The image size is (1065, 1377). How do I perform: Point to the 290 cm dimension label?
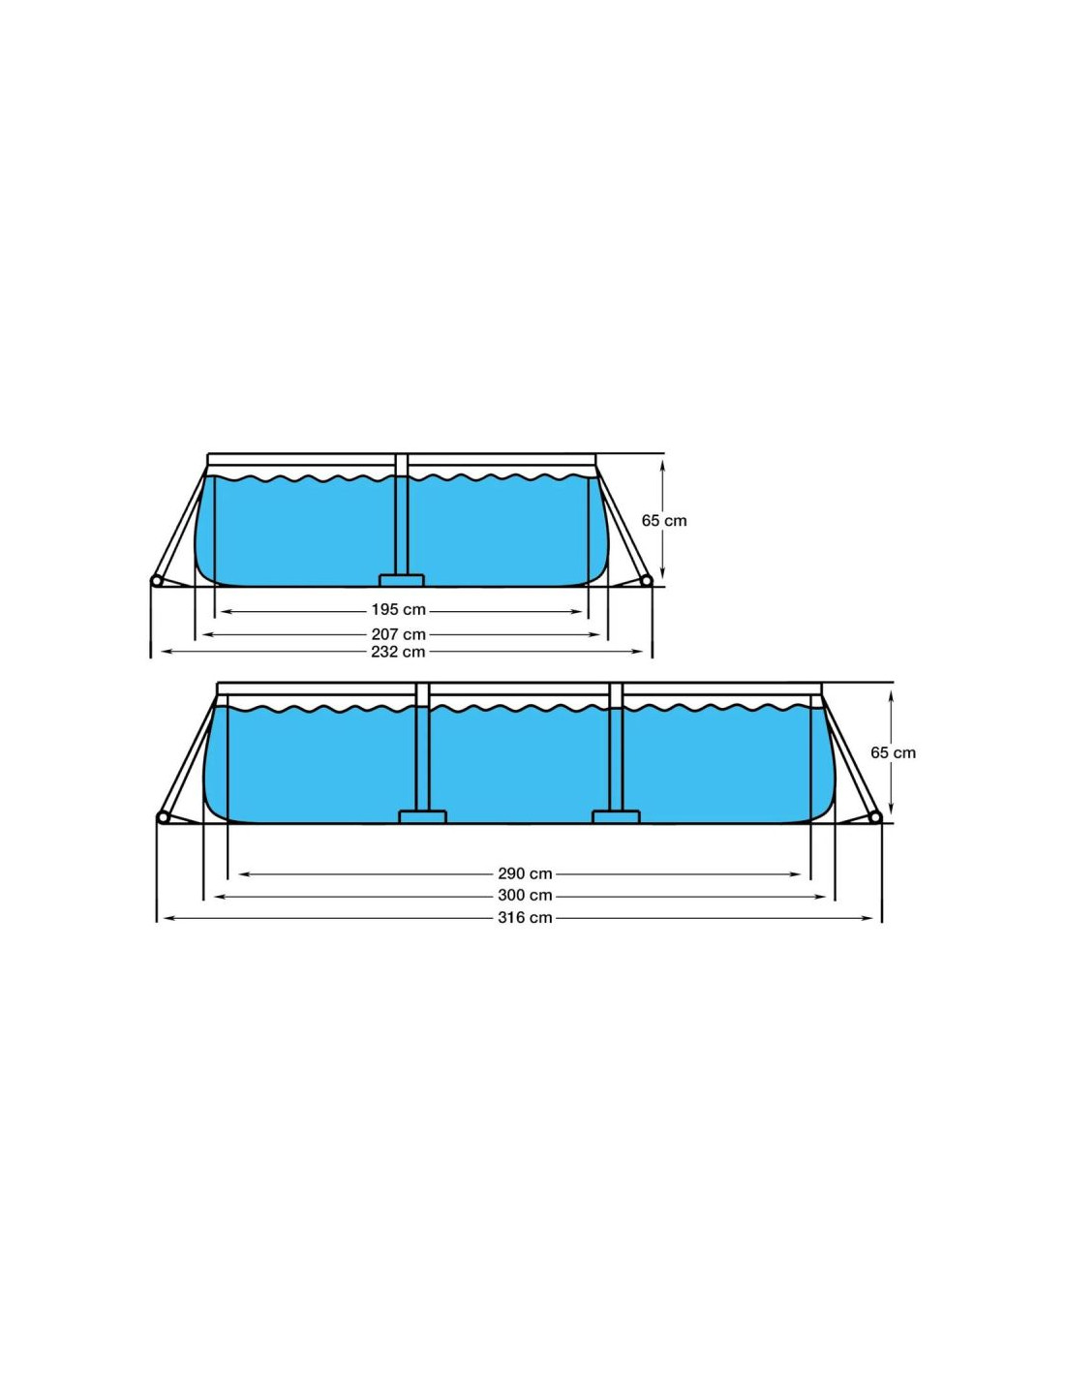(x=525, y=873)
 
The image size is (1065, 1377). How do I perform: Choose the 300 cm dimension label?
(x=525, y=896)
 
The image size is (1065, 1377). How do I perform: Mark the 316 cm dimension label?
(x=525, y=918)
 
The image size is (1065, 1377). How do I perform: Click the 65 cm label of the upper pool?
(x=664, y=520)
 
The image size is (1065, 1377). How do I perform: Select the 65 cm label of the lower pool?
(x=893, y=752)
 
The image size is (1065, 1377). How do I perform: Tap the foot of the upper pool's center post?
(x=401, y=579)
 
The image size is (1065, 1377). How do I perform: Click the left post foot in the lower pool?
(x=422, y=816)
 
